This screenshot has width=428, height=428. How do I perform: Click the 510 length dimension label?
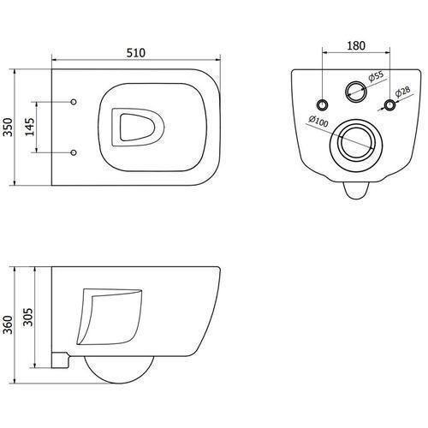(x=136, y=53)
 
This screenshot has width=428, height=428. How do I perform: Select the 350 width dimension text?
(x=8, y=127)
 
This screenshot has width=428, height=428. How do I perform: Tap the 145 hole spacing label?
(x=29, y=126)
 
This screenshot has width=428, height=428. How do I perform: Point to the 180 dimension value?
(x=356, y=45)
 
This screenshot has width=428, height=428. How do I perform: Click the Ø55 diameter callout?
(x=376, y=76)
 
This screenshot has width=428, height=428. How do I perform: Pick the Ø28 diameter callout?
(x=402, y=92)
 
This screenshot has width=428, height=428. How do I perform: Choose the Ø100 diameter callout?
(x=318, y=121)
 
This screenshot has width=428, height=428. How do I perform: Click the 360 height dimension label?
(x=8, y=324)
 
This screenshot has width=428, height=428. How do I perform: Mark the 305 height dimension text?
(x=28, y=317)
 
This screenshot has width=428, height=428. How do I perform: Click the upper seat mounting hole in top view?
(x=74, y=102)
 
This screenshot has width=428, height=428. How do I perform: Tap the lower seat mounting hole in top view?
(x=74, y=152)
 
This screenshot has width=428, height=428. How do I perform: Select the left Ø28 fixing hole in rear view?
(x=323, y=104)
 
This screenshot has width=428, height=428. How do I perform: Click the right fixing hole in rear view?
(x=389, y=104)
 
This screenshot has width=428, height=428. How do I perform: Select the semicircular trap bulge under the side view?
(x=119, y=383)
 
